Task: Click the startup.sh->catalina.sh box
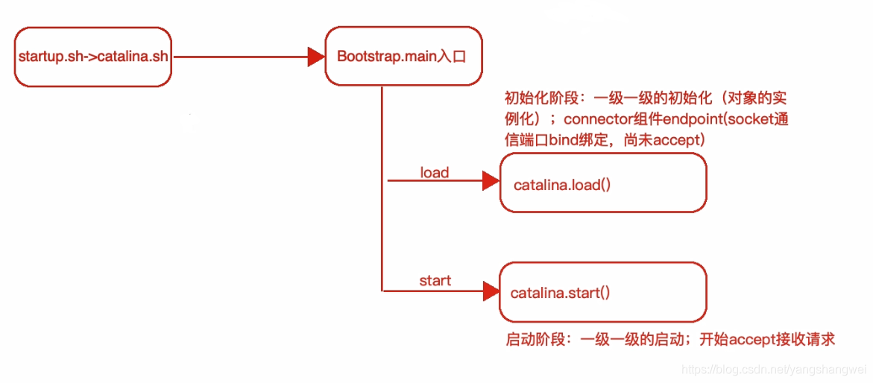point(93,57)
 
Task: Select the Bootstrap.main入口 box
point(403,56)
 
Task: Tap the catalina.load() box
point(602,183)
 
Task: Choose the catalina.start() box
point(602,292)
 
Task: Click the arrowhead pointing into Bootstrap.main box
point(316,57)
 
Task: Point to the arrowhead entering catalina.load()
point(491,180)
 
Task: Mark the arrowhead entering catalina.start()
point(491,289)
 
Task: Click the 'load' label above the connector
point(434,173)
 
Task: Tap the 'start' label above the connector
point(435,281)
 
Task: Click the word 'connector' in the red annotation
point(596,119)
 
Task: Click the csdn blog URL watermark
point(775,370)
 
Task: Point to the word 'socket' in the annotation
point(750,119)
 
